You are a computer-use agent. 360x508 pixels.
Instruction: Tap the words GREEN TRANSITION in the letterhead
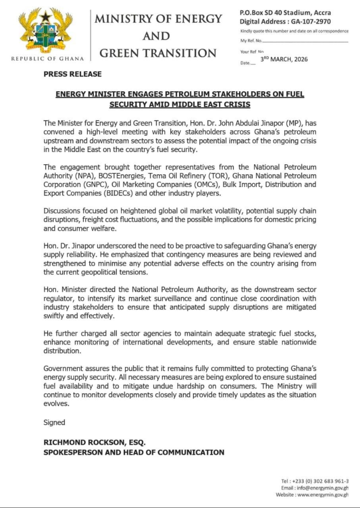click(x=159, y=53)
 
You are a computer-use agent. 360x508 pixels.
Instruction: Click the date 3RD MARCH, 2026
click(x=284, y=59)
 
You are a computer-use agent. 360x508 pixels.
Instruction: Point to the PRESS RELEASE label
click(x=72, y=74)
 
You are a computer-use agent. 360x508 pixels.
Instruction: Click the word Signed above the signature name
click(x=54, y=422)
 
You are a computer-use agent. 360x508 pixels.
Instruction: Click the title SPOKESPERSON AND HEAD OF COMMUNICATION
click(x=134, y=452)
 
